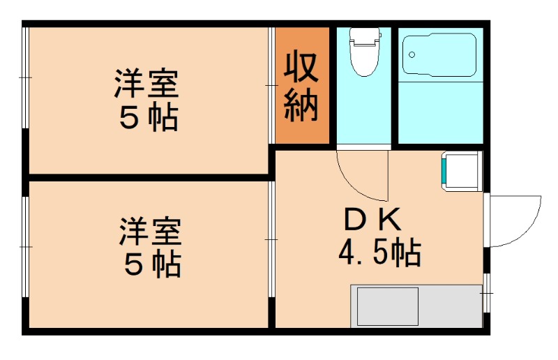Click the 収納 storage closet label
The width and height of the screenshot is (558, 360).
pos(301,86)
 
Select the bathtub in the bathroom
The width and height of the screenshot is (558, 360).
pos(440,56)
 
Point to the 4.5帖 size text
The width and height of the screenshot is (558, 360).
pos(379,252)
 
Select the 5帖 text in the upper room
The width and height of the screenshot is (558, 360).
pos(148,118)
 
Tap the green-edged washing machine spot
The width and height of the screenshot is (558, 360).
pos(460,172)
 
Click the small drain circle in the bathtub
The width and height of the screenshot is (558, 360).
pos(412,54)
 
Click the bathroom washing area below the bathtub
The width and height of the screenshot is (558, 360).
pos(440,112)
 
